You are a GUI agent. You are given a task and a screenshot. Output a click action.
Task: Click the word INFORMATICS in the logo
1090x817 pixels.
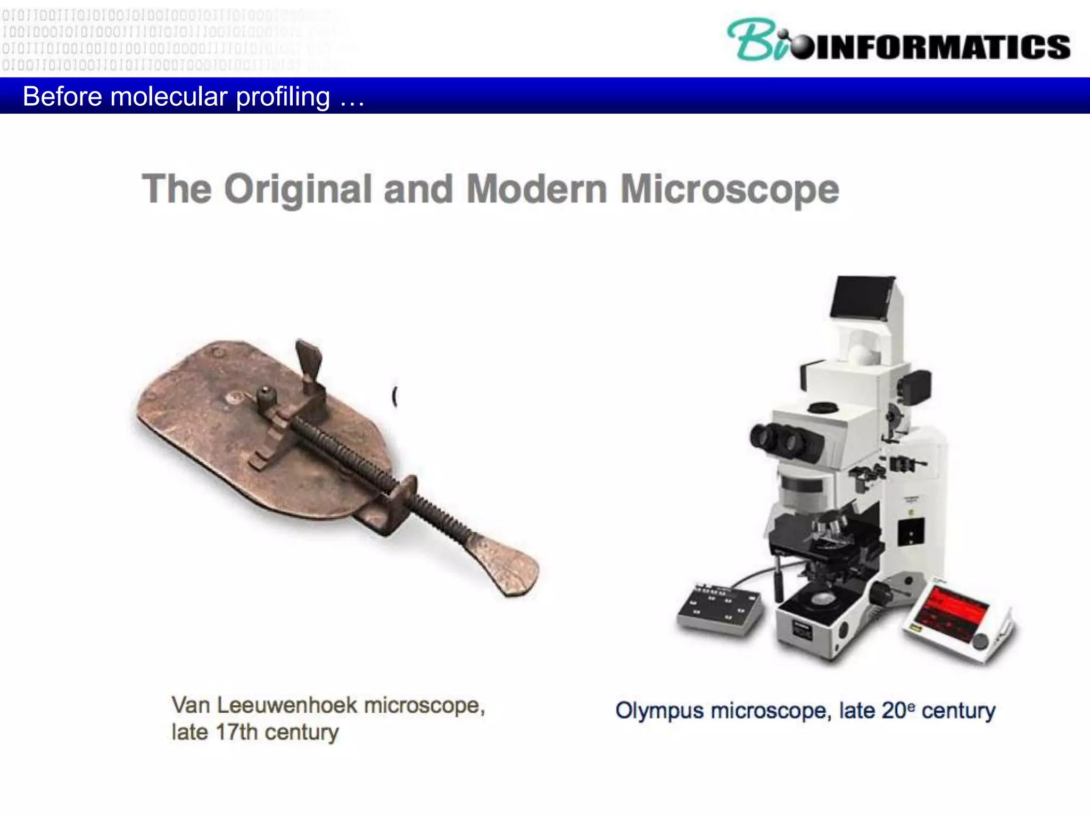pos(942,47)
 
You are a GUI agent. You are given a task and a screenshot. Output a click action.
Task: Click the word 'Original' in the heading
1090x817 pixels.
pos(298,189)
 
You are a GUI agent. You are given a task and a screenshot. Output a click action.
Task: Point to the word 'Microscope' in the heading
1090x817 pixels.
pos(729,189)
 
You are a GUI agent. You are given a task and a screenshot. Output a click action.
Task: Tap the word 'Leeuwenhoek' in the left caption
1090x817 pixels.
pos(287,706)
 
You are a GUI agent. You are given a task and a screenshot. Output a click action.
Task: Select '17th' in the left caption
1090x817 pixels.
pos(236,732)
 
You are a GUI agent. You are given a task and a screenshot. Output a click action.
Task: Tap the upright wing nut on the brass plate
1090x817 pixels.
pos(309,362)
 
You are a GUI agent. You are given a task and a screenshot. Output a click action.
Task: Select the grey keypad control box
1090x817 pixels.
pos(719,609)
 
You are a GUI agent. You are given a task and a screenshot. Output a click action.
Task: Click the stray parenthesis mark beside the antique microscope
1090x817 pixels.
pos(394,396)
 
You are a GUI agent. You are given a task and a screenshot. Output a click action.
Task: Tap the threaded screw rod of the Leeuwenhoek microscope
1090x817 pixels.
pos(373,468)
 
